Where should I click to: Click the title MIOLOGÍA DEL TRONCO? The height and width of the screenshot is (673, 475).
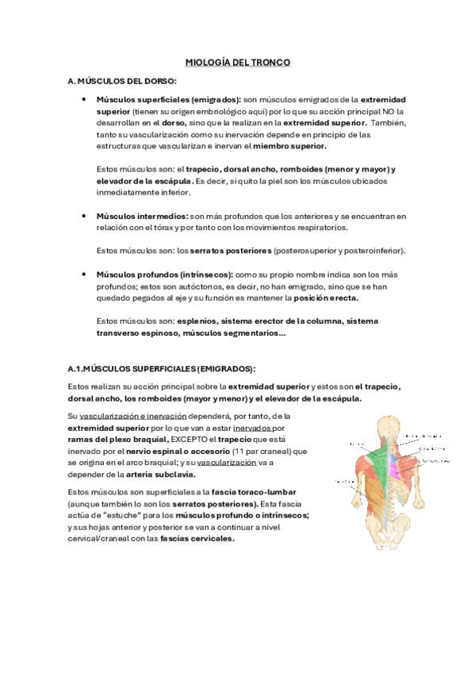click(237, 61)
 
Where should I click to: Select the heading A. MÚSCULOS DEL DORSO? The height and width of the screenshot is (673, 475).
click(122, 81)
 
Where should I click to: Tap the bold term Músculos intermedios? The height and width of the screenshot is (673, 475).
click(142, 216)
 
